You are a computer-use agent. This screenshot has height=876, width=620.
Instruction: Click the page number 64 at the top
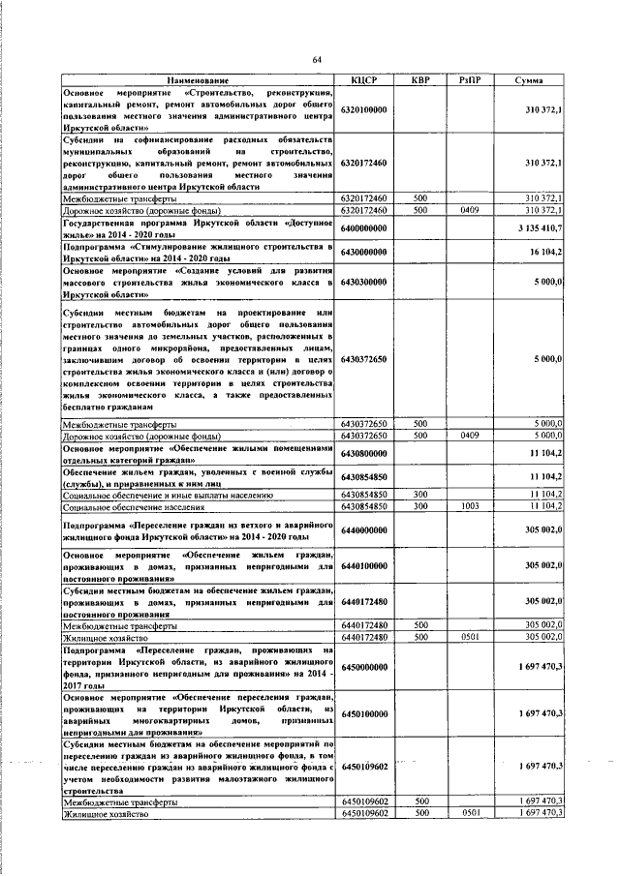317,60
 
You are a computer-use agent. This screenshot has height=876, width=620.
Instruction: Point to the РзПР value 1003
471,506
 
